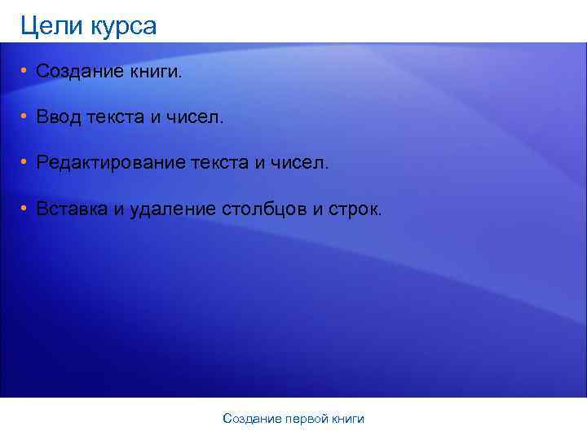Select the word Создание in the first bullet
point(78,73)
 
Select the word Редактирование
point(109,164)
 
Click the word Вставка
point(72,209)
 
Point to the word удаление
point(172,209)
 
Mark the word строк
point(352,209)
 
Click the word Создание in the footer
point(252,419)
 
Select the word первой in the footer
point(307,419)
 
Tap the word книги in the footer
point(348,419)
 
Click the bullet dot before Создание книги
point(25,73)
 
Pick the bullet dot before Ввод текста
point(25,118)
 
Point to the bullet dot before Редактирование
point(25,164)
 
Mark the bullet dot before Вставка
point(25,209)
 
